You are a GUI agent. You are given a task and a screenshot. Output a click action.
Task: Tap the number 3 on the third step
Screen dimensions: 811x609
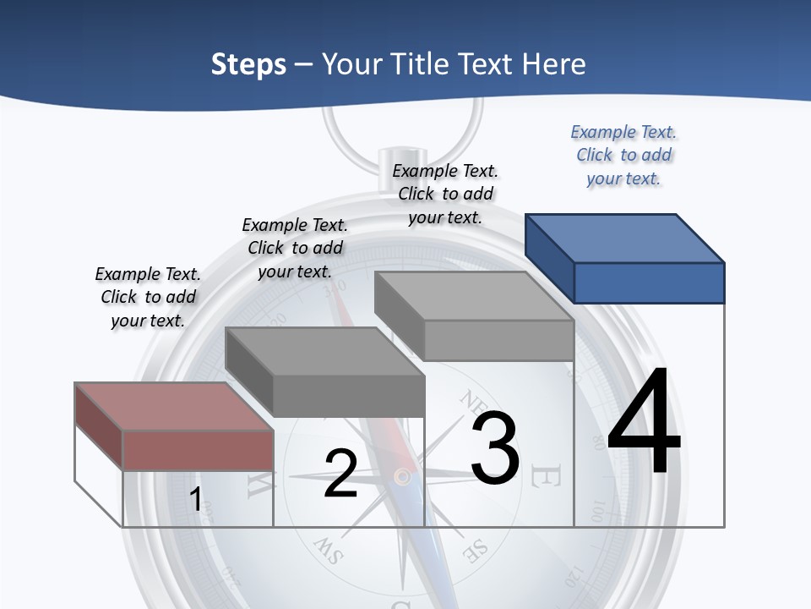tap(495, 448)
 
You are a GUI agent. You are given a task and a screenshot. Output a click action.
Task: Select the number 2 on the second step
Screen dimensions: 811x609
tap(340, 474)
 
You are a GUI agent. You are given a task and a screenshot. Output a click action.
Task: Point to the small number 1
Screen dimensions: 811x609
tap(196, 499)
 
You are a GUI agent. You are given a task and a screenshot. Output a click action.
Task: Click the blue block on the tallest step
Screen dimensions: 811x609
tap(625, 258)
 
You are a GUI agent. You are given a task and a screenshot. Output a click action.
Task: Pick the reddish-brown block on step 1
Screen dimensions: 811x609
tap(174, 427)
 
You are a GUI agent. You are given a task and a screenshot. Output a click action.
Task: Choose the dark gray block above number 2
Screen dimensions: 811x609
tap(325, 372)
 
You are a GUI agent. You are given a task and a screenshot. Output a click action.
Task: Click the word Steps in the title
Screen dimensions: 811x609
tap(248, 64)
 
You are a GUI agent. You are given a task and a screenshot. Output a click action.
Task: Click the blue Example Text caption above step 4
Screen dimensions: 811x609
tap(623, 155)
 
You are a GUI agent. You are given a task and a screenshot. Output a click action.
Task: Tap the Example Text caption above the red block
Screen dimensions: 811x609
tap(148, 297)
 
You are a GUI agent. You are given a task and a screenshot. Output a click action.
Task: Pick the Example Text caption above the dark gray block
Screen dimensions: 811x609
tap(295, 248)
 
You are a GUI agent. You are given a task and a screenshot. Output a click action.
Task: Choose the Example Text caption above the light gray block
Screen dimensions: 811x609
tap(445, 194)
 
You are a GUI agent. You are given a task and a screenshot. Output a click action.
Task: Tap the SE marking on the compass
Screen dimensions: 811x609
tap(475, 551)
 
